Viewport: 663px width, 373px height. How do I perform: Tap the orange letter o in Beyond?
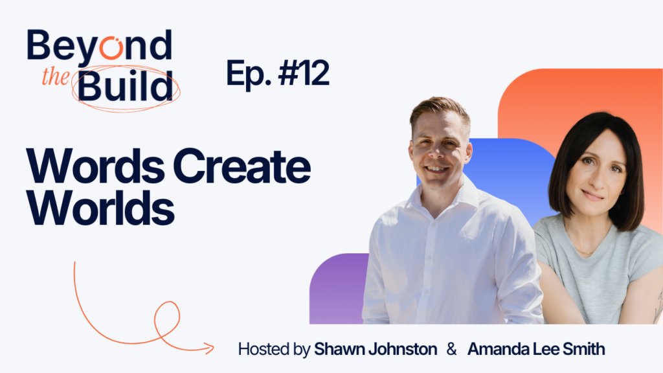tap(111, 47)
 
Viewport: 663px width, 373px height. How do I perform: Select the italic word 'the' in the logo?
tap(56, 77)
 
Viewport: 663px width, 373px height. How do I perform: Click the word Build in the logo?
tap(125, 86)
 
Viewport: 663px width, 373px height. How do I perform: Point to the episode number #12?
tap(304, 73)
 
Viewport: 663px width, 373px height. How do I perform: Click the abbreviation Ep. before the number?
tap(249, 75)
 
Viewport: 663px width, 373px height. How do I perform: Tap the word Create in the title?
tap(242, 166)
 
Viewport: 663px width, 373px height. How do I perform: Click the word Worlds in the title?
tap(100, 208)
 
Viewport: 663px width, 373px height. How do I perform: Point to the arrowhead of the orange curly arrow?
tap(209, 348)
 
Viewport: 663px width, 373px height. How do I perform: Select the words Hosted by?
tap(274, 349)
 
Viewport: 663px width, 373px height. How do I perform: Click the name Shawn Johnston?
tap(376, 349)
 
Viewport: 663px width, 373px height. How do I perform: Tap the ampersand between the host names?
tap(451, 349)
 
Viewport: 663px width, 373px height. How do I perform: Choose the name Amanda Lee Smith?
tap(536, 349)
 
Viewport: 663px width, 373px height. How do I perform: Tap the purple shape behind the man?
tap(337, 289)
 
